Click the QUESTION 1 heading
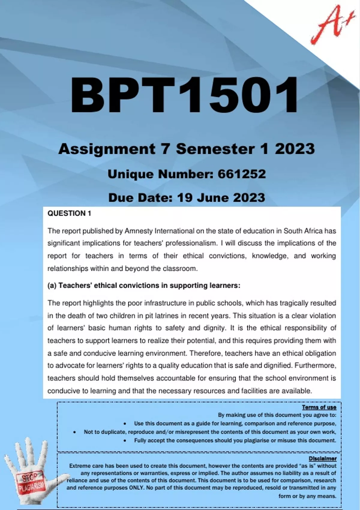69,213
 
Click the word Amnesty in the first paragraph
138,231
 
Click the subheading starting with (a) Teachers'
144,286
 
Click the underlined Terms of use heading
319,407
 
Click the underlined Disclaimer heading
322,458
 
